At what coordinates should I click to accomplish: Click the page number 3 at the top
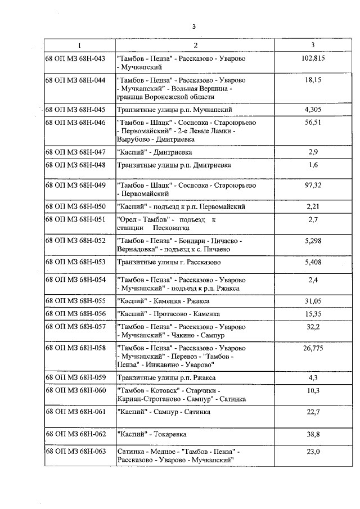[x=193, y=26]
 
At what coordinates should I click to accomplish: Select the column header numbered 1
[x=79, y=45]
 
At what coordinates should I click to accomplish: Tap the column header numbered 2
[x=195, y=45]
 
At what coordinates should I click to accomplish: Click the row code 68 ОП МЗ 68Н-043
[x=75, y=58]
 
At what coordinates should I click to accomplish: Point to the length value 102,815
[x=313, y=58]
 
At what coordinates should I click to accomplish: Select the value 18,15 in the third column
[x=313, y=80]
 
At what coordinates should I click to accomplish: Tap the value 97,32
[x=313, y=185]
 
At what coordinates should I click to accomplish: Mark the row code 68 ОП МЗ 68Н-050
[x=75, y=207]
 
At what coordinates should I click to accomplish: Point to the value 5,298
[x=313, y=241]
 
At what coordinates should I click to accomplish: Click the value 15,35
[x=313, y=314]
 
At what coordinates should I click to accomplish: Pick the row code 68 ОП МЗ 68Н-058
[x=75, y=348]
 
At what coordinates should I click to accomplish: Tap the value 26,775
[x=313, y=348]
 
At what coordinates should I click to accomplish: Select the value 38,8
[x=313, y=434]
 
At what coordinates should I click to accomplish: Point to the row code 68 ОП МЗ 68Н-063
[x=75, y=452]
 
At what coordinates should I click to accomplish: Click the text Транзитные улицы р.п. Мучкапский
[x=174, y=110]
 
